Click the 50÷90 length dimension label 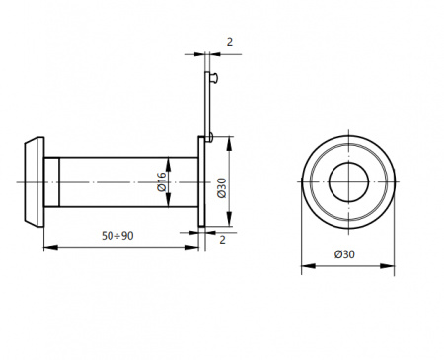click(x=117, y=236)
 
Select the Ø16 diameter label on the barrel click(x=162, y=181)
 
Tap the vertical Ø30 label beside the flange click(x=222, y=188)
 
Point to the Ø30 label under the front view click(x=344, y=254)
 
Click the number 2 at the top click(x=230, y=42)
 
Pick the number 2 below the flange click(x=222, y=240)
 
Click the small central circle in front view click(x=348, y=181)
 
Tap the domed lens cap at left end click(x=35, y=181)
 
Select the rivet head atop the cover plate click(x=213, y=78)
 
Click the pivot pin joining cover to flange click(x=209, y=137)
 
